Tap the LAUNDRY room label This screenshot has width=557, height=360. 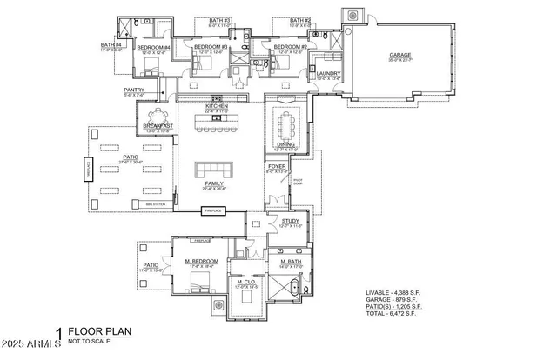click(x=328, y=74)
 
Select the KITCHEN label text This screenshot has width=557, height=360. click(x=217, y=106)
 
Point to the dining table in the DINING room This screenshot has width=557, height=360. click(x=286, y=127)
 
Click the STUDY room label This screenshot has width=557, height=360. click(x=289, y=222)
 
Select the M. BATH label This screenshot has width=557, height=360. click(x=291, y=262)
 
